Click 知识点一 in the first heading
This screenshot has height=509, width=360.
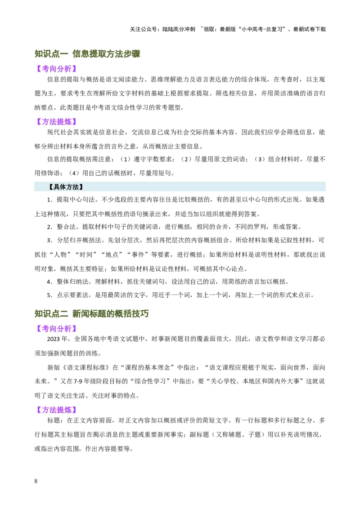click(51, 54)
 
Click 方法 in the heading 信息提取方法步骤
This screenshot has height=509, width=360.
click(115, 54)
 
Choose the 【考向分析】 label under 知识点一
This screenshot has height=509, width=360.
click(56, 69)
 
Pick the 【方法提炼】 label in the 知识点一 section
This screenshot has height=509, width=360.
click(56, 121)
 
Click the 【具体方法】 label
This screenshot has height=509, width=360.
click(66, 187)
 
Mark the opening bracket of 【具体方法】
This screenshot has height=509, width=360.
click(50, 187)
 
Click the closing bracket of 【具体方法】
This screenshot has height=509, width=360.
click(81, 187)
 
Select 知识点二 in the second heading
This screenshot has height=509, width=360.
click(51, 314)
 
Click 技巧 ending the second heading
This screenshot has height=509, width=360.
click(140, 314)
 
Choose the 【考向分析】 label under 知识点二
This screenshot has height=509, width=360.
click(56, 329)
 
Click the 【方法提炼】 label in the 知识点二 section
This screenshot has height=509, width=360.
click(56, 410)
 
